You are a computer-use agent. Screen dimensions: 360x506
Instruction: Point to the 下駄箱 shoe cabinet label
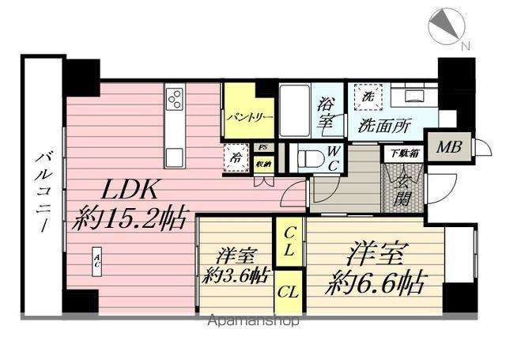click(402, 154)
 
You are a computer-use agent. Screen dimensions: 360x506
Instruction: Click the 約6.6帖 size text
click(376, 280)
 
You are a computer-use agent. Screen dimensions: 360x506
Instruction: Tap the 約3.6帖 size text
click(236, 275)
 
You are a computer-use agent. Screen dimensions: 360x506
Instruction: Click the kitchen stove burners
click(175, 99)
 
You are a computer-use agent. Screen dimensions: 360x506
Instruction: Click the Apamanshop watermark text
click(253, 321)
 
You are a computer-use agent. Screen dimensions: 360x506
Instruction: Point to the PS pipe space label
click(263, 146)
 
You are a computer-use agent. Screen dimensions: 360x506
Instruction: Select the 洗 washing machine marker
click(368, 97)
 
